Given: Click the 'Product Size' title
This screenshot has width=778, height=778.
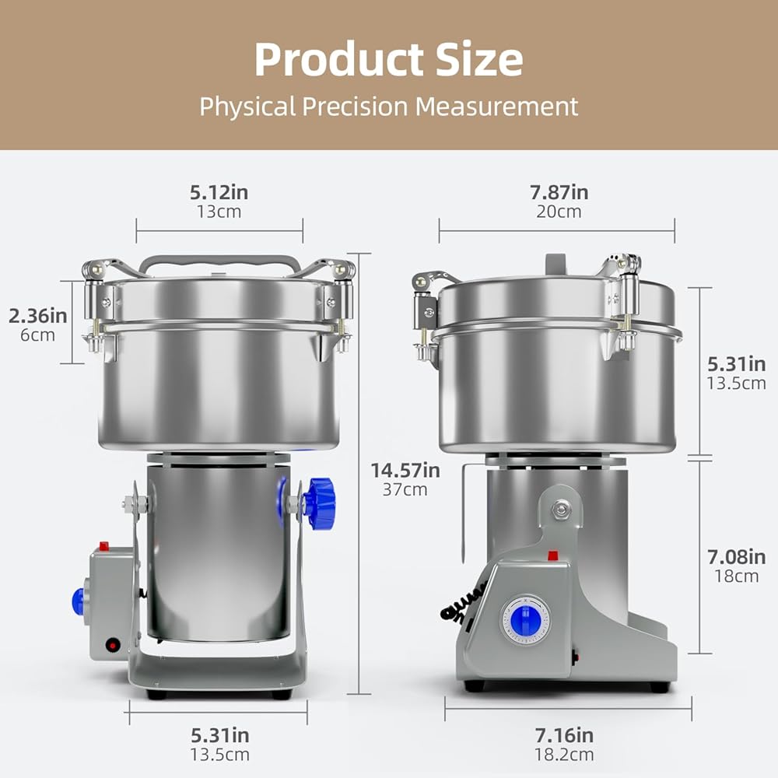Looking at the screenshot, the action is (x=388, y=60).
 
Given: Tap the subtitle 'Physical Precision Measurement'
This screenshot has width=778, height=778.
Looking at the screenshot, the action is (x=388, y=106).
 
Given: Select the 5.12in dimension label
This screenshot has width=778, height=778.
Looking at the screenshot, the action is (x=219, y=192).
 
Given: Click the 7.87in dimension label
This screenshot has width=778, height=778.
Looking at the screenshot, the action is (x=559, y=192).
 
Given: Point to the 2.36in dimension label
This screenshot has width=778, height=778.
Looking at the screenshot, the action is (x=37, y=316).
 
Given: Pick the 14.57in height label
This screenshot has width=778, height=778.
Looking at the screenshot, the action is (x=405, y=471).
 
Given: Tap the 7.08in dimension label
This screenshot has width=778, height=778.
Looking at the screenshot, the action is (x=736, y=557).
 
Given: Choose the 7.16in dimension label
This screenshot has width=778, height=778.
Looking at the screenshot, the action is (x=563, y=735).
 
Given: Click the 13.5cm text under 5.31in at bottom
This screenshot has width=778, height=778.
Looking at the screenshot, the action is (x=220, y=755).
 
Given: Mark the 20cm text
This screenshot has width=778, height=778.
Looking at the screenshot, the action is (x=559, y=212).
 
